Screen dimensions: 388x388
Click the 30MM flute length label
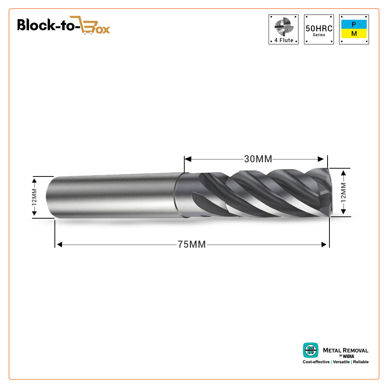pos(258,159)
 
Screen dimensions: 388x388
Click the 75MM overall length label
pos(192,244)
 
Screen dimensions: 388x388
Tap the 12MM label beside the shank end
pos(34,197)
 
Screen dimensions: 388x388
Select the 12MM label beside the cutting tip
pos(343,193)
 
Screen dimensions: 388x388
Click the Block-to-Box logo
pos(63,25)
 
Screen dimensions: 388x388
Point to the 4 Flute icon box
pos(284,29)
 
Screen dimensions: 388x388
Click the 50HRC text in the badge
pos(319,28)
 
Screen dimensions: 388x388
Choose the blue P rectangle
pos(354,24)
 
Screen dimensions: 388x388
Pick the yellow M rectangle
pos(354,34)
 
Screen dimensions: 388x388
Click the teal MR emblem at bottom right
pos(310,350)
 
